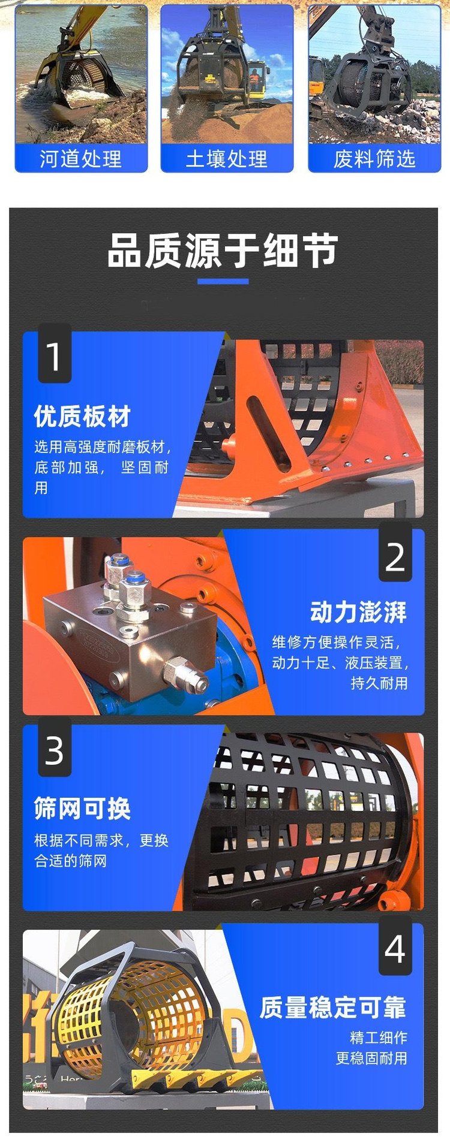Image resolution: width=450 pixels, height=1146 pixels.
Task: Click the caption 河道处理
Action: [x=81, y=159]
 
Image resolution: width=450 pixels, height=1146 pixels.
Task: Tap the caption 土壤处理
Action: [x=227, y=159]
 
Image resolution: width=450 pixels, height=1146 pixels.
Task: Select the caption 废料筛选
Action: [x=374, y=159]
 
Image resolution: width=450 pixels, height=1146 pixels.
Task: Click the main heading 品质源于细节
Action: [x=223, y=251]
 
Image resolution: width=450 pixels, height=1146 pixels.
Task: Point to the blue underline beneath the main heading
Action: [x=223, y=281]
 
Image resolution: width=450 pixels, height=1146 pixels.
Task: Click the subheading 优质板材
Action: [x=82, y=416]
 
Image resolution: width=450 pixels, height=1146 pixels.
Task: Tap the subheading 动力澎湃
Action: [x=359, y=612]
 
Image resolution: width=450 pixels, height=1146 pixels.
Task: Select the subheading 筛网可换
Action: [x=82, y=809]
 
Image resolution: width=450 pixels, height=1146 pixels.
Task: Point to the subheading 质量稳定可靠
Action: [x=333, y=1008]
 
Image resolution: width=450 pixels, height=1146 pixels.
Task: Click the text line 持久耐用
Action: [x=379, y=683]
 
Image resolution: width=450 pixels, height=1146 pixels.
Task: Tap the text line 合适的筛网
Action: [x=70, y=861]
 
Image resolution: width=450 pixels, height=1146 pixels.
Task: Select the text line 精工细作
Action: [x=379, y=1038]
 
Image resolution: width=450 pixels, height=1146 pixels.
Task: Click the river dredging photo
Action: [x=81, y=74]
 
